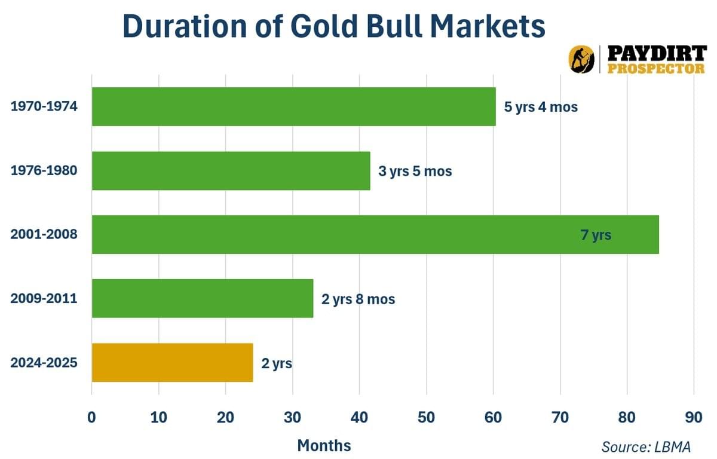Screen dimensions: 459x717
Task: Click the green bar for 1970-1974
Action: pyautogui.click(x=293, y=107)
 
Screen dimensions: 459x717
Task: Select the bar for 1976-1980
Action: pyautogui.click(x=231, y=171)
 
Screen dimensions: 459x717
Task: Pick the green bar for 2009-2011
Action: pyautogui.click(x=202, y=298)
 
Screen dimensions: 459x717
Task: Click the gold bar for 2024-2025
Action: pyautogui.click(x=172, y=362)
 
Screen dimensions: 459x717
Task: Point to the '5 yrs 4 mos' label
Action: pyautogui.click(x=541, y=108)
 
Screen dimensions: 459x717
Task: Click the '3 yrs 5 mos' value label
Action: pyautogui.click(x=415, y=172)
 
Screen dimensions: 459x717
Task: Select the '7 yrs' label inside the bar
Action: pyautogui.click(x=596, y=235)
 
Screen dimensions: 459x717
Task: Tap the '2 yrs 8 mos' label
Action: pyautogui.click(x=358, y=299)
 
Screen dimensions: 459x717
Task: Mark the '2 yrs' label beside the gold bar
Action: pyautogui.click(x=276, y=363)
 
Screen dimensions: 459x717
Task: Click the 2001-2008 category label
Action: pyautogui.click(x=44, y=234)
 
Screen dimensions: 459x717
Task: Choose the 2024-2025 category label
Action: pyautogui.click(x=44, y=362)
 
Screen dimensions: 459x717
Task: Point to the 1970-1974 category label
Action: pyautogui.click(x=44, y=107)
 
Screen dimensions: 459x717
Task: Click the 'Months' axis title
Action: pyautogui.click(x=324, y=445)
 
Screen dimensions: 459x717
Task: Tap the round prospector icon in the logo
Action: pyautogui.click(x=581, y=59)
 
